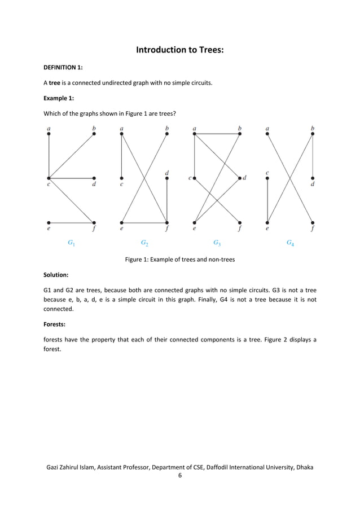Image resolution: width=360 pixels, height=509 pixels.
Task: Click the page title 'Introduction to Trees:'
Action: coord(180,50)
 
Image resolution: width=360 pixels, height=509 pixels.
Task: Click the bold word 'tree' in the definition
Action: coord(55,83)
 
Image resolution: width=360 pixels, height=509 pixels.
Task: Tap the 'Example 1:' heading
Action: coord(59,98)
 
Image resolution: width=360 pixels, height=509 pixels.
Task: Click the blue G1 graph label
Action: coord(71,243)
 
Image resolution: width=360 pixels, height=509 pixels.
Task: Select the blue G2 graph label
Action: coord(144,243)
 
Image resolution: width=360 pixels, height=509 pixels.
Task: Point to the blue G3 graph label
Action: coord(217,243)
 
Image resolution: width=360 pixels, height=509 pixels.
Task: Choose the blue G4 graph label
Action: coord(289,243)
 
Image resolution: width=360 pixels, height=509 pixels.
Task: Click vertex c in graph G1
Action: coord(49,178)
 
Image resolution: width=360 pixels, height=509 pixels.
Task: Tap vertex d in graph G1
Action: coord(94,178)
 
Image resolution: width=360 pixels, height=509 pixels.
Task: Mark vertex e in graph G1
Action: coord(49,222)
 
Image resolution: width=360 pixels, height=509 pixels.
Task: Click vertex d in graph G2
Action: coord(167,178)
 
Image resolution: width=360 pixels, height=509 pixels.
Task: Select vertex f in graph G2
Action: coord(167,222)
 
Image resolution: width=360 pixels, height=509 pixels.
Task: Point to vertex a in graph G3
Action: coord(194,134)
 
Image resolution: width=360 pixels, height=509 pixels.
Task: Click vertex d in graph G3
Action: coord(240,178)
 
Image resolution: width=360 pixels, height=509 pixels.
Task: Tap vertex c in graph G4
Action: coord(267,178)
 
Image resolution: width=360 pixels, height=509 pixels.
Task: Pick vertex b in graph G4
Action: coord(313,134)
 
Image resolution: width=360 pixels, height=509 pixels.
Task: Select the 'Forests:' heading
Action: coord(55,324)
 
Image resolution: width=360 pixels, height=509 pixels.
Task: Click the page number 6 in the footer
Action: coord(180,476)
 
